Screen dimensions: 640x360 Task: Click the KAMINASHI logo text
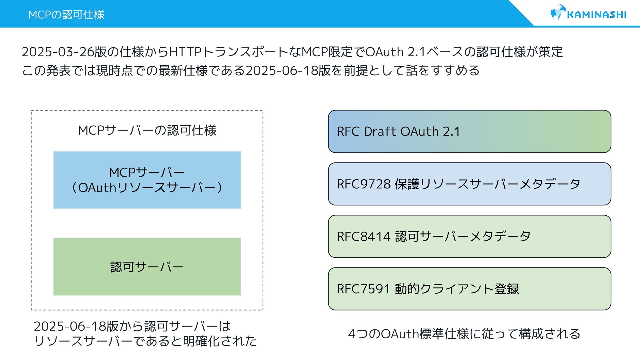pos(596,15)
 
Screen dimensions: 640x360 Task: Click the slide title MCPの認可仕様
pos(66,15)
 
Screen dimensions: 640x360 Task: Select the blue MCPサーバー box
pos(147,180)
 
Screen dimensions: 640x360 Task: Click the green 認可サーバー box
pos(147,267)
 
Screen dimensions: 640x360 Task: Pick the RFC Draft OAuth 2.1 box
pos(469,131)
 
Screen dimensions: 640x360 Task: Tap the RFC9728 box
pos(469,184)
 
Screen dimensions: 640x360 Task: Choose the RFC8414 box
pos(469,236)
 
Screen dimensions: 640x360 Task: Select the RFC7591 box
pos(469,289)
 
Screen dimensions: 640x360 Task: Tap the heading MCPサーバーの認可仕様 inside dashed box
pos(147,130)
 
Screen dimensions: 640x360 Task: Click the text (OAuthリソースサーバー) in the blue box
pos(147,188)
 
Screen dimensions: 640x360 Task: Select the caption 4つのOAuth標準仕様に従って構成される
pos(464,334)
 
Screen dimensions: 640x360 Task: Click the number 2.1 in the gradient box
pos(451,131)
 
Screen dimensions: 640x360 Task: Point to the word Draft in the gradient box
pos(380,131)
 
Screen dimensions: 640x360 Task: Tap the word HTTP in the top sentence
pos(186,52)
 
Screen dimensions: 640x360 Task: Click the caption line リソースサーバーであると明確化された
pos(145,341)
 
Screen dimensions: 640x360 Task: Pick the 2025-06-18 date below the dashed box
pos(70,326)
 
